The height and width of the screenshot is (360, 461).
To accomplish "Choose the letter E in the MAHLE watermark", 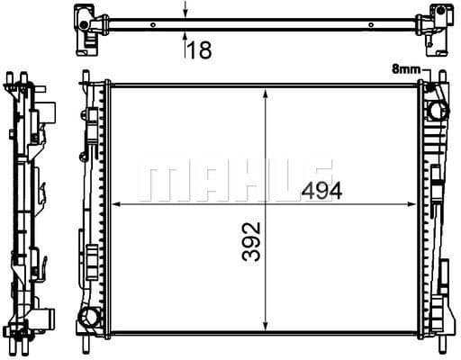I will pos(317,180).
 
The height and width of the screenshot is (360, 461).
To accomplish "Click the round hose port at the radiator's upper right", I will pos(437,111).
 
